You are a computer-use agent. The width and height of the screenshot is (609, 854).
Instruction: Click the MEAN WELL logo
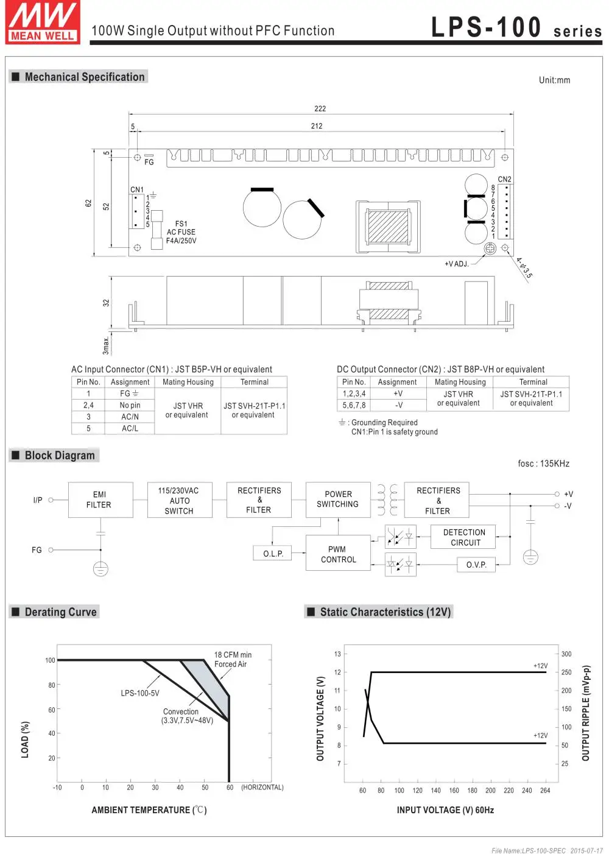[x=43, y=22]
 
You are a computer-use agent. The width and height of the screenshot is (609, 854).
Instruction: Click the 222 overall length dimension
[x=320, y=108]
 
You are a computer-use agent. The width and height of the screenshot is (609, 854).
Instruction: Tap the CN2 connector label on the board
[x=504, y=179]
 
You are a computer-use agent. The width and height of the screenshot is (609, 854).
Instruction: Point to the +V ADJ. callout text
[x=456, y=264]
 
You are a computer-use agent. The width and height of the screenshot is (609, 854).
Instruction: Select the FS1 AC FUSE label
[x=181, y=232]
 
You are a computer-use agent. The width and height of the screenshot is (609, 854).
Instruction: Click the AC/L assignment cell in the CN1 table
[x=130, y=429]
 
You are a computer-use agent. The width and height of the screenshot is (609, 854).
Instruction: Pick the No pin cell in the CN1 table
[x=130, y=405]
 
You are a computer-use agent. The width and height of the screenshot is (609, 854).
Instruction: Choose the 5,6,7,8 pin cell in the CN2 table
[x=354, y=405]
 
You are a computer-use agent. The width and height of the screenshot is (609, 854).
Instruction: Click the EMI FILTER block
[x=100, y=500]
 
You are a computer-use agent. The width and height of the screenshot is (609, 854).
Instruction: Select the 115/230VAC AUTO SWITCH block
[x=180, y=500]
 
